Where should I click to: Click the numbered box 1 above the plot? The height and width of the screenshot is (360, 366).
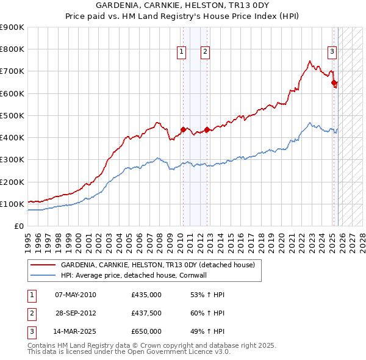coord(182,52)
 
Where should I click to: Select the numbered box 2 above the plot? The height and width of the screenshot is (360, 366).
coord(206,52)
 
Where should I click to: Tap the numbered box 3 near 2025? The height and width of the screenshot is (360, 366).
coord(332,52)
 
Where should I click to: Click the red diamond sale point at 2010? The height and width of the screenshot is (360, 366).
coord(182,129)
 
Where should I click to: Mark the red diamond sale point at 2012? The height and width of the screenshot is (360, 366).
coord(207,129)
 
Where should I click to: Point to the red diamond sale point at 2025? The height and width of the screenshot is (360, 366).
coord(334,82)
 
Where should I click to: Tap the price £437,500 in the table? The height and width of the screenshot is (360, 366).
coord(146,313)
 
